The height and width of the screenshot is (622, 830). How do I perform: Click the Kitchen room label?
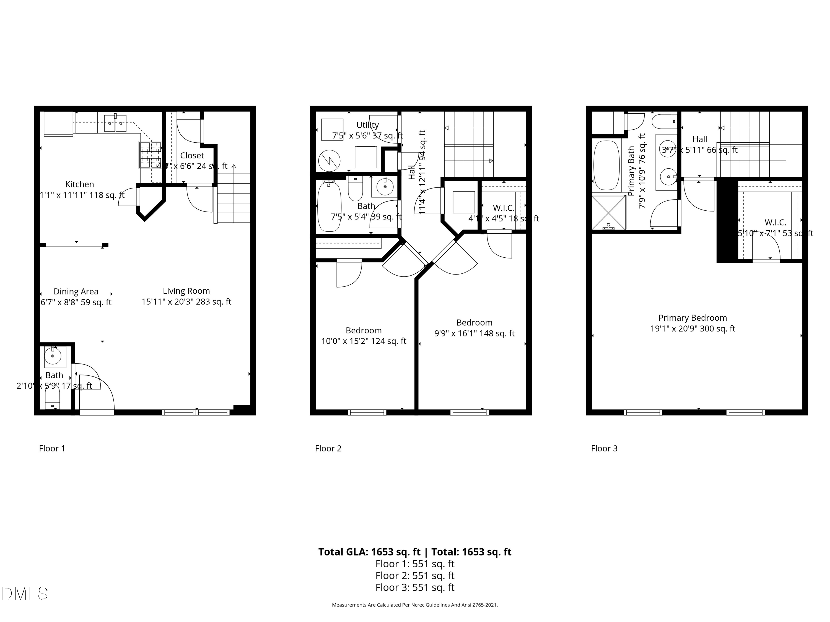click(x=80, y=184)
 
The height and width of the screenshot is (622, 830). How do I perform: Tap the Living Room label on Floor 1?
click(x=186, y=291)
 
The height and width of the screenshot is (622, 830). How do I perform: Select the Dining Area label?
click(x=76, y=292)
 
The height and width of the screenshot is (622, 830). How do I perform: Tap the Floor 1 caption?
click(x=52, y=448)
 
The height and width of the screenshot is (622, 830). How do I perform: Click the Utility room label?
click(x=367, y=125)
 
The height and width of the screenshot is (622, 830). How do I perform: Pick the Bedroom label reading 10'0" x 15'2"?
click(x=364, y=336)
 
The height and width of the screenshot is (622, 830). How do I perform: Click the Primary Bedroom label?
click(x=693, y=318)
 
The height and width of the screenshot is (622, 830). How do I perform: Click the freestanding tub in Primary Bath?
click(x=607, y=165)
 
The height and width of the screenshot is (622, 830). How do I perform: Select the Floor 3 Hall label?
click(x=700, y=140)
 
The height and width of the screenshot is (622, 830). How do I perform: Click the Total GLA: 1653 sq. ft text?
click(x=369, y=552)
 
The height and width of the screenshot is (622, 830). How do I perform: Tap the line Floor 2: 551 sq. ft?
click(x=415, y=576)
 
